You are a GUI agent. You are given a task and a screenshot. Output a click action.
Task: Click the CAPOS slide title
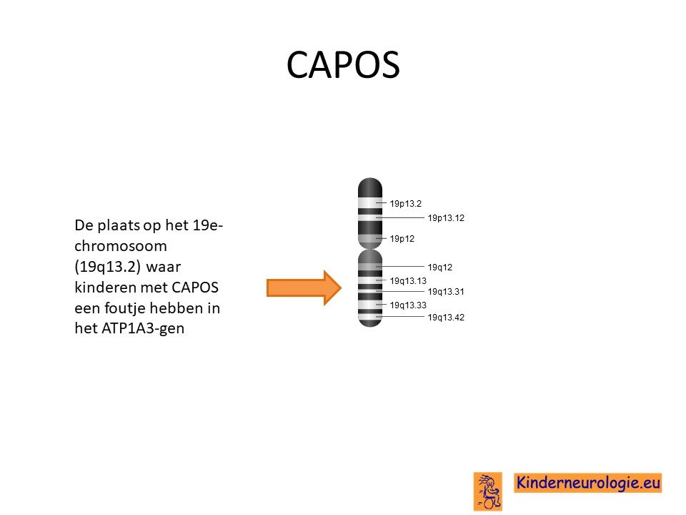pos(343,65)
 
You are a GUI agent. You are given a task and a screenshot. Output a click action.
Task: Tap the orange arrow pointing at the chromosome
pos(304,288)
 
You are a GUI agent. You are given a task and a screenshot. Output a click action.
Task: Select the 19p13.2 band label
pos(406,203)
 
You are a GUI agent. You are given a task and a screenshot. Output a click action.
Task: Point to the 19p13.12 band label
pos(446,217)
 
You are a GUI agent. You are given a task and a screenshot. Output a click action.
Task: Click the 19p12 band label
pos(402,239)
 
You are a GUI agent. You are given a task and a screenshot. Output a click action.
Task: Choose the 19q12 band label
pos(439,267)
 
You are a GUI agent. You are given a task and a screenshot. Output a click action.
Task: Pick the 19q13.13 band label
pos(408,280)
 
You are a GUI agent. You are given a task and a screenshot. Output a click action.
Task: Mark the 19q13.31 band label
pos(446,292)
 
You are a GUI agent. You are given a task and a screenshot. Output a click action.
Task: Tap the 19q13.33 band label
pos(408,305)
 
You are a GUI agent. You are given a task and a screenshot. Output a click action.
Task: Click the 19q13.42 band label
pos(446,318)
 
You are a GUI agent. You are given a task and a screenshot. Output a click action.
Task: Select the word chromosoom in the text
pos(121,246)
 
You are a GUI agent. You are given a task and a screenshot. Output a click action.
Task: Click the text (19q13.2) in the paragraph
pos(108,267)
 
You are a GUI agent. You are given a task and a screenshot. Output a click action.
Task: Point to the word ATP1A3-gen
pos(143,328)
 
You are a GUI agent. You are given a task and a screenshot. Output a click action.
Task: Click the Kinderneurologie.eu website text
pos(588,483)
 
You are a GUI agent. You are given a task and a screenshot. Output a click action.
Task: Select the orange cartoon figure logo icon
pos(488,491)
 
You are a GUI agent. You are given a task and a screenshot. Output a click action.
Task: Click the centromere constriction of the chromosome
pos(370,249)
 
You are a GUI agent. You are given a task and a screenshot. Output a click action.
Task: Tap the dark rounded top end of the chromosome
pos(370,187)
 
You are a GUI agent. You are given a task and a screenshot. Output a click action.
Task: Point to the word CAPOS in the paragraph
pos(195,288)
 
